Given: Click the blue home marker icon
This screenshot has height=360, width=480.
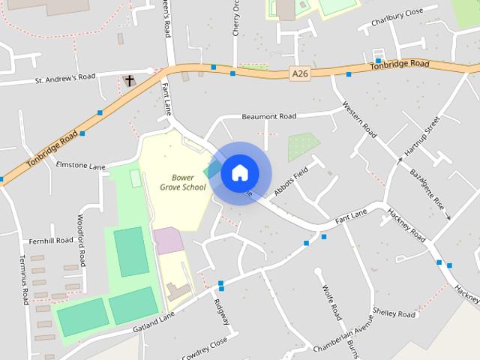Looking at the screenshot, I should point(239,172).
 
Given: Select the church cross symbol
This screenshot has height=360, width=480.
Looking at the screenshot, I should point(129,79).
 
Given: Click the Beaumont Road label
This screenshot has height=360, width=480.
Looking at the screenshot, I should point(268,116).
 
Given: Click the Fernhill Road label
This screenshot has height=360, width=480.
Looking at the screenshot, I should point(51,240).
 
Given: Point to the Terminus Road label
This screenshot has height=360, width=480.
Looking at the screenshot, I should point(23,277).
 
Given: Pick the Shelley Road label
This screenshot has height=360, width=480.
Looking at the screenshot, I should point(394,314).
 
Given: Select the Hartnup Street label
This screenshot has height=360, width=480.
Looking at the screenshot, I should point(421,139).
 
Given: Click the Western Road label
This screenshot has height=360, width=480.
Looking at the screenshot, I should point(359,119).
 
